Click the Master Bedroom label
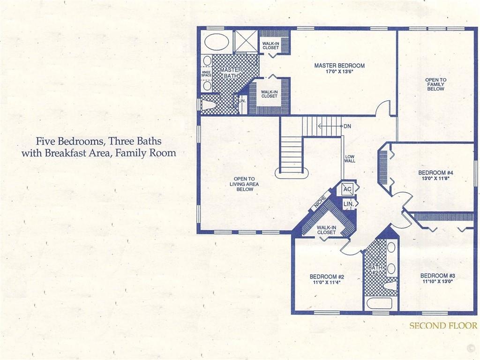[339, 66]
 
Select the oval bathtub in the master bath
[216, 41]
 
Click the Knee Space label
[206, 74]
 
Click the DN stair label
[347, 126]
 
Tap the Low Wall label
[350, 158]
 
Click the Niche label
[319, 202]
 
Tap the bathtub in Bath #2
[379, 304]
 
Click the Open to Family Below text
[435, 84]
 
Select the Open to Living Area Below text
[244, 184]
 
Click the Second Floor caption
[443, 325]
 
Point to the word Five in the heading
[46, 141]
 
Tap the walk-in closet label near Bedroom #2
[326, 230]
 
